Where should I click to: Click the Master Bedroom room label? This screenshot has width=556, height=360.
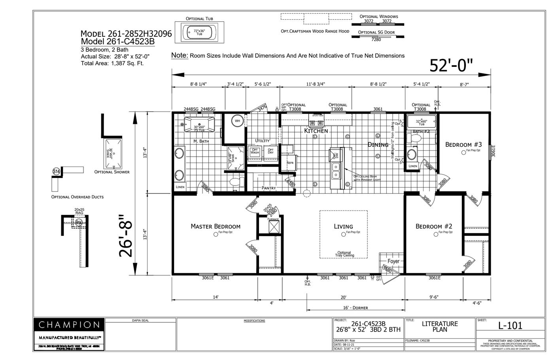215,226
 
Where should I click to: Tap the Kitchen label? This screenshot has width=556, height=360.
316,131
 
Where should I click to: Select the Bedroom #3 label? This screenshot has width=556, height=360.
463,144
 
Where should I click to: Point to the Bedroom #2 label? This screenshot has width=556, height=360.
433,226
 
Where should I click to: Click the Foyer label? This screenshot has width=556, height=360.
393,261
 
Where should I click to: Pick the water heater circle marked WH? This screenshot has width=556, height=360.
237,121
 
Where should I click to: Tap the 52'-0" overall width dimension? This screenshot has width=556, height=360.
451,66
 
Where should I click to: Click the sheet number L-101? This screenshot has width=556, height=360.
510,326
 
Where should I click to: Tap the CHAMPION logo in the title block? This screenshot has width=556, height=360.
69,325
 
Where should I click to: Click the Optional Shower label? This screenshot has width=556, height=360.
112,172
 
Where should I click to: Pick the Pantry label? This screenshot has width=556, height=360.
269,188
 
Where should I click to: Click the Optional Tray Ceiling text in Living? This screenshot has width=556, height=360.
344,254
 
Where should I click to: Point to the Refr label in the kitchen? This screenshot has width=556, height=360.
290,163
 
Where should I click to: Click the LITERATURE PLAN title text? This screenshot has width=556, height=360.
439,326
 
